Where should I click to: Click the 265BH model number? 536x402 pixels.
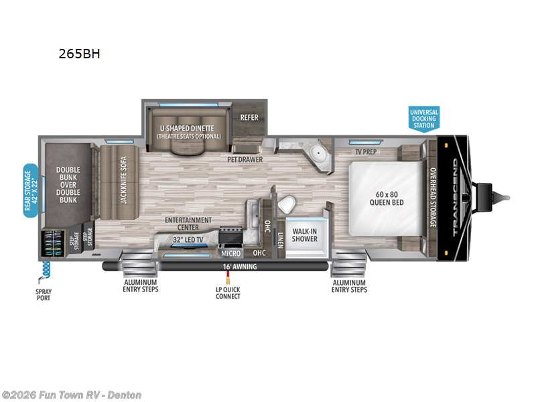79,54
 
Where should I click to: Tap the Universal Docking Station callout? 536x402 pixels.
423,118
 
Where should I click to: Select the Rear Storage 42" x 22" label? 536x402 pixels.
30,191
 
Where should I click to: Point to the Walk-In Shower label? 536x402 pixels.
304,235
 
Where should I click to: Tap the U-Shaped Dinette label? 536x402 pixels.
186,131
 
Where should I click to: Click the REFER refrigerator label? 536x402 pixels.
249,118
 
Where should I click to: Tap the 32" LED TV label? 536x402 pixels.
188,240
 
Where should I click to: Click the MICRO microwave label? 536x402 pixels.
230,253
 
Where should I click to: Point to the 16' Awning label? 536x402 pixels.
241,267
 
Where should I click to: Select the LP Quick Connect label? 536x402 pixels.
228,293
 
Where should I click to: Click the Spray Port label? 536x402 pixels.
43,295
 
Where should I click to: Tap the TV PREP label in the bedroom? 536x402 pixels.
366,151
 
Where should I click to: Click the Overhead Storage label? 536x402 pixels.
433,197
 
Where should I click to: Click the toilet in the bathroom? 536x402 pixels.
286,203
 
